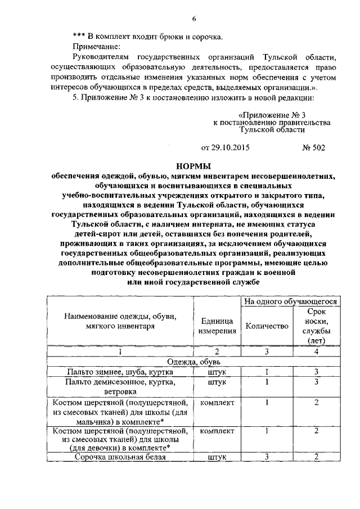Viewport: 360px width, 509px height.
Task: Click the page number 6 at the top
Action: click(193, 19)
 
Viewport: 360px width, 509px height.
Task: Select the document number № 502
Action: click(313, 148)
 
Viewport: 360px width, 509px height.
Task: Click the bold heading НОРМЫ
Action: click(193, 166)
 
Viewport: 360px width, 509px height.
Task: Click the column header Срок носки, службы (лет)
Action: click(317, 326)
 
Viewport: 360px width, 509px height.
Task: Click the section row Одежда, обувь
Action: click(193, 362)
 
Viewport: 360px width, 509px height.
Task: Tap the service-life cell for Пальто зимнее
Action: click(317, 372)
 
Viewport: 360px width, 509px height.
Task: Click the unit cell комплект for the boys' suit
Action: click(217, 402)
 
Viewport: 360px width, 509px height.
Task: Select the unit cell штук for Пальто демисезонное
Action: click(217, 382)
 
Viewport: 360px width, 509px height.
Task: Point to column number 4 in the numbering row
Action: click(317, 351)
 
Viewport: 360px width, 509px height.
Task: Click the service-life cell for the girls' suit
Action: click(317, 431)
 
